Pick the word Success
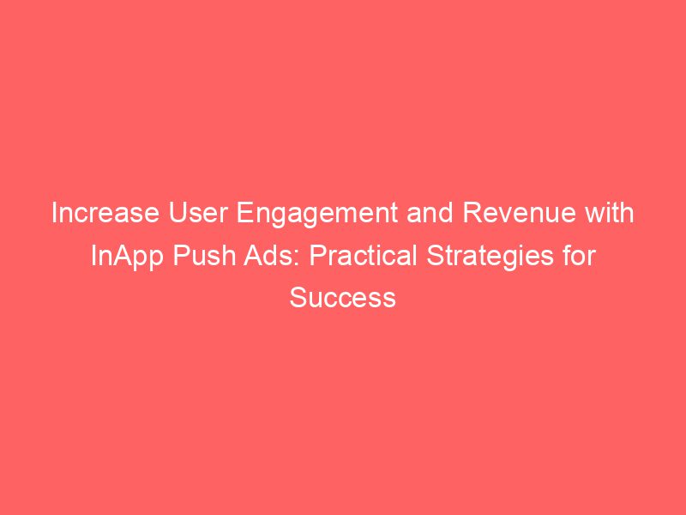click(343, 298)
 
